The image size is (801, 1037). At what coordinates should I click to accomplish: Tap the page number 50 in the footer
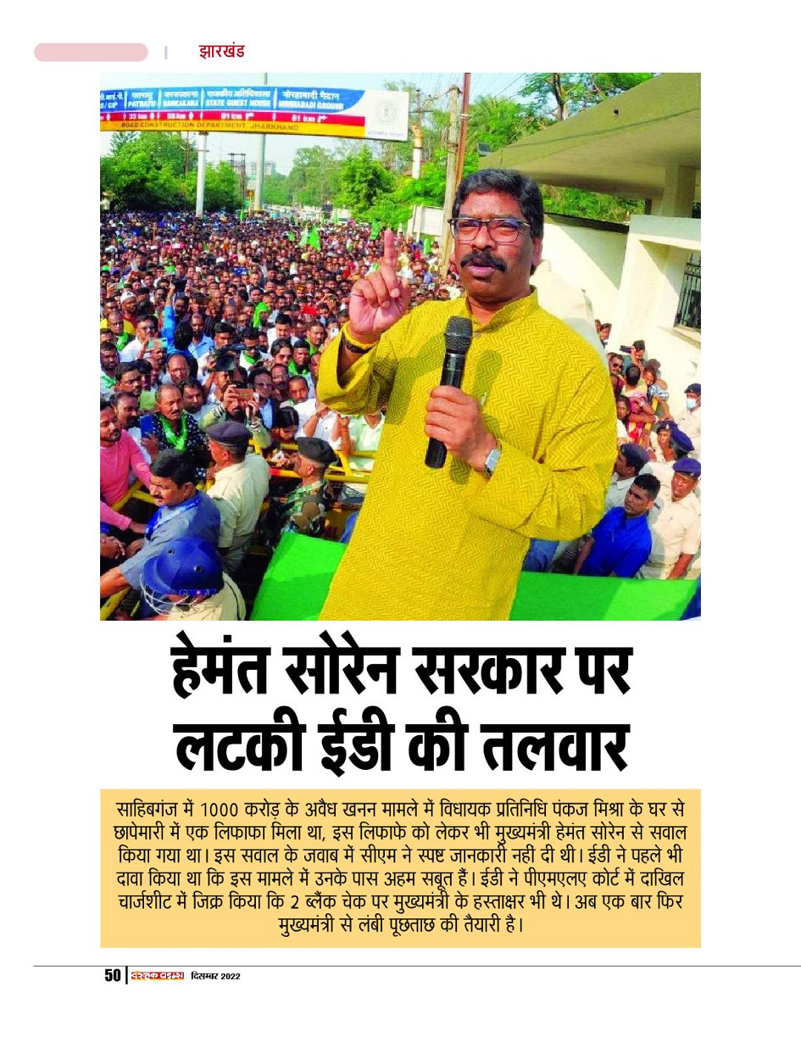(x=113, y=976)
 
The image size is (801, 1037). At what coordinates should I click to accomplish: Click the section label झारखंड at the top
(x=221, y=51)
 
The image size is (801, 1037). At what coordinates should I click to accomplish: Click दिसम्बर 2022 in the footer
(x=216, y=977)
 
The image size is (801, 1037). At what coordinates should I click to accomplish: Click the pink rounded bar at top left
(x=91, y=53)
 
